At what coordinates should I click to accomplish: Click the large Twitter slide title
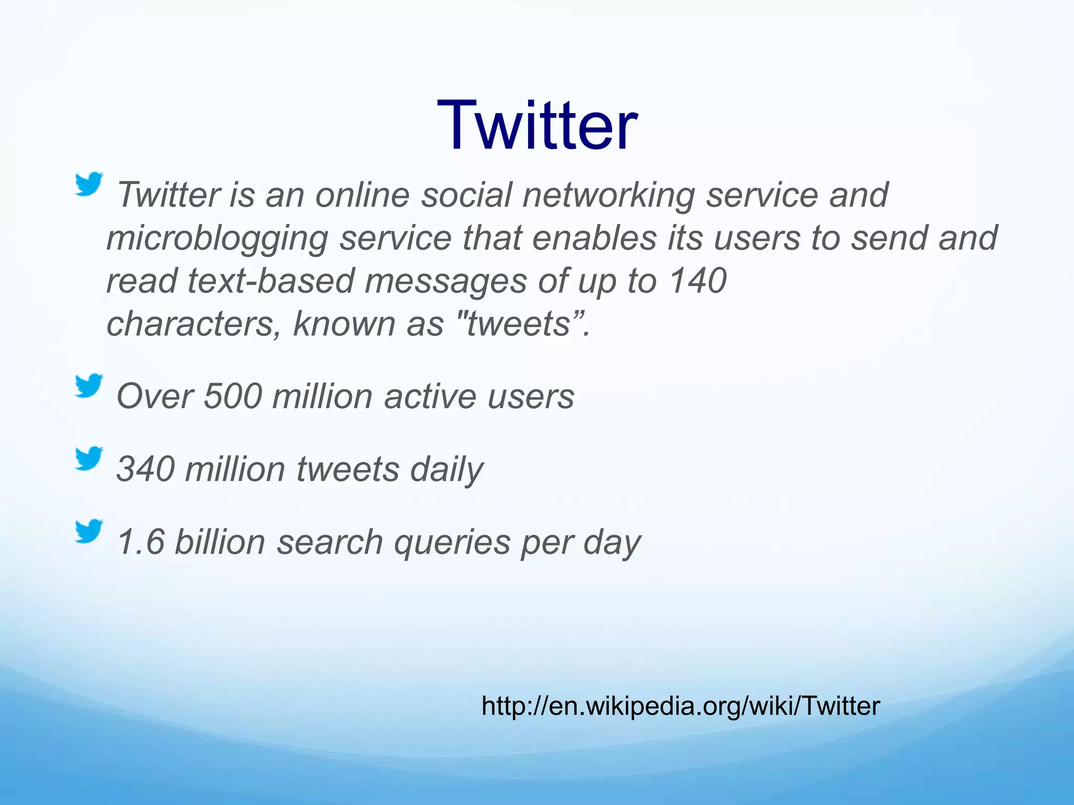pyautogui.click(x=537, y=126)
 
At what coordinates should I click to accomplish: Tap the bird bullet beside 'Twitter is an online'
pyautogui.click(x=88, y=184)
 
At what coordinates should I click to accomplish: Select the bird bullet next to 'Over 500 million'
pyautogui.click(x=88, y=386)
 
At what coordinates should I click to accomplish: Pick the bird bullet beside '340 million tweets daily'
pyautogui.click(x=88, y=459)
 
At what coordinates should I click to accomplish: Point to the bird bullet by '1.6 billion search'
pyautogui.click(x=88, y=531)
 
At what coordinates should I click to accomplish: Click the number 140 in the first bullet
pyautogui.click(x=698, y=281)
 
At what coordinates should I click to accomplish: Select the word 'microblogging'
pyautogui.click(x=217, y=238)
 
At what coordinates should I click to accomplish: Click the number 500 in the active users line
pyautogui.click(x=232, y=396)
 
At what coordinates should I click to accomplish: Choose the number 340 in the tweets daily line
pyautogui.click(x=145, y=469)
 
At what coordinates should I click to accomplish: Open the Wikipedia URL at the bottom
pyautogui.click(x=680, y=706)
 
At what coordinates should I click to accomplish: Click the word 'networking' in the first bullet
pyautogui.click(x=608, y=195)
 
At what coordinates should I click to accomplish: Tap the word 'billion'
pyautogui.click(x=220, y=542)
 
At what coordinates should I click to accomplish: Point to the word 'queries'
pyautogui.click(x=452, y=543)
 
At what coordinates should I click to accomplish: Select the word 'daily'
pyautogui.click(x=446, y=470)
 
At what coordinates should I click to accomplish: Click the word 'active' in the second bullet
pyautogui.click(x=430, y=396)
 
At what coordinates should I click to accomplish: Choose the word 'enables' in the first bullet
pyautogui.click(x=594, y=238)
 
